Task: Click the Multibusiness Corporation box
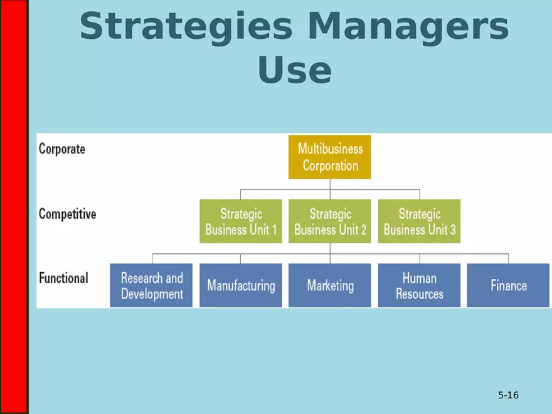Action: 329,157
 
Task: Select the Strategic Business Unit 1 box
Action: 241,221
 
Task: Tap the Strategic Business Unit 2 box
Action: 329,221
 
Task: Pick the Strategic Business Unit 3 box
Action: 419,221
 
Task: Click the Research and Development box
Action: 151,285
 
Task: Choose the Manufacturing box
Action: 241,285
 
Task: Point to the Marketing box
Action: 329,285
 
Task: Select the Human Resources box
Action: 419,285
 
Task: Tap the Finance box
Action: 508,285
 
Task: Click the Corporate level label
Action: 62,149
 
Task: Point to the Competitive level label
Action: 67,214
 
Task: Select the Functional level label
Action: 63,278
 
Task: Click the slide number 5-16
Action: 508,395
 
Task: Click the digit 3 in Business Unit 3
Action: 453,230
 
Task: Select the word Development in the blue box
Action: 152,294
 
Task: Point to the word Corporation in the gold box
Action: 331,166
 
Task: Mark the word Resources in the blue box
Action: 420,294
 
